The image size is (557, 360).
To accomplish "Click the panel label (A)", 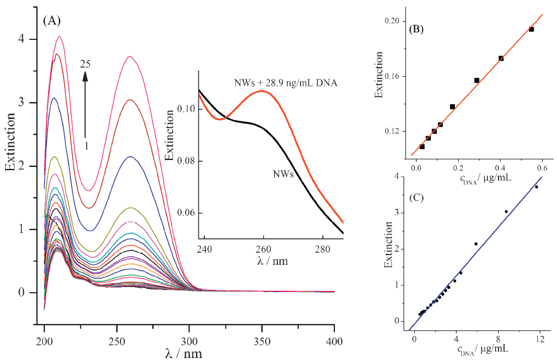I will click(x=51, y=20).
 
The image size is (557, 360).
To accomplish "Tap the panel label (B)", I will click(x=417, y=29).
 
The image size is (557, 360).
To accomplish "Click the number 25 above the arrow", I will click(x=86, y=63).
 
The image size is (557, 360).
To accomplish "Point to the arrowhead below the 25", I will click(x=86, y=76).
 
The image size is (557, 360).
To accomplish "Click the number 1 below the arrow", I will click(x=86, y=145).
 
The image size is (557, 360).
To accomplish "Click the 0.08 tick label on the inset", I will click(x=186, y=161).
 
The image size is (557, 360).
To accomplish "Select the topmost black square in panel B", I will click(x=532, y=29).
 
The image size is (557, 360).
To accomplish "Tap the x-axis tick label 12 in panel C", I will click(x=540, y=340).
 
